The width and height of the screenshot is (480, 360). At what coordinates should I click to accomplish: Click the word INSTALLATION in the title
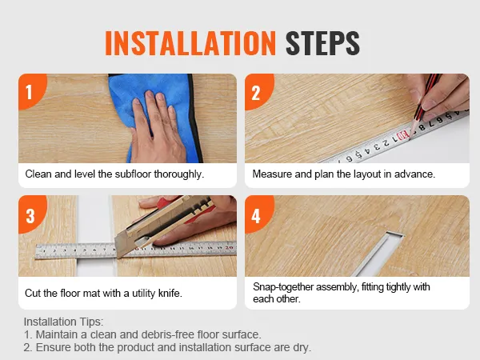tap(190, 43)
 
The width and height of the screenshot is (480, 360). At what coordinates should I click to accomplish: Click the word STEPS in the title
tap(322, 43)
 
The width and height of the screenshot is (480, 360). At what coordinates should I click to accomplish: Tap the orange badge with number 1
tap(31, 90)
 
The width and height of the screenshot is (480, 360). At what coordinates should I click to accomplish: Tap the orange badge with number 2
tap(258, 91)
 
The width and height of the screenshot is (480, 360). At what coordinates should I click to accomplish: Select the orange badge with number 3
tap(31, 214)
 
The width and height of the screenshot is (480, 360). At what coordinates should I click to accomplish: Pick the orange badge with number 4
tap(258, 214)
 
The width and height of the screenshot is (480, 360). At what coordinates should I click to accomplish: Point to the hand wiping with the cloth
tap(156, 129)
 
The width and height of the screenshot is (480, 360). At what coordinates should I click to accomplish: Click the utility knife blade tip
tap(118, 256)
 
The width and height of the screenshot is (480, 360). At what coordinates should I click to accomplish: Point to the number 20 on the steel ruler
tap(229, 247)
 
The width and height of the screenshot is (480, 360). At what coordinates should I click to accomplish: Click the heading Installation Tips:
tap(64, 322)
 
